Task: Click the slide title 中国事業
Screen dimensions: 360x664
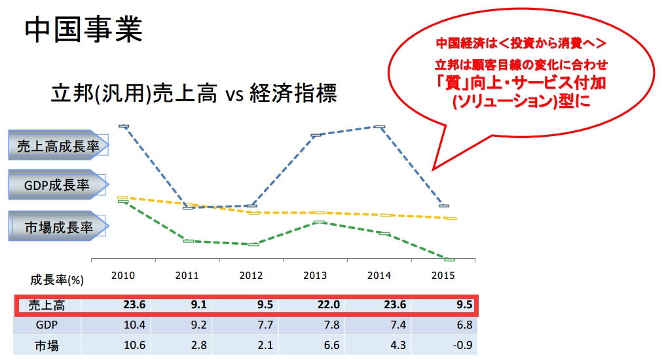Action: click(83, 31)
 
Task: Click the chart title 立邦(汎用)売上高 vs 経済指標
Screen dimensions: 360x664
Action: click(194, 94)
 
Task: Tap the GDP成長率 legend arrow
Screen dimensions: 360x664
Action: click(57, 185)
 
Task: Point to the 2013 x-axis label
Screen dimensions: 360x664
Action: click(316, 276)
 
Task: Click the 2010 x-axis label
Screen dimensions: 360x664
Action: click(123, 276)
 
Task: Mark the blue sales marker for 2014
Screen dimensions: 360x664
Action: click(379, 126)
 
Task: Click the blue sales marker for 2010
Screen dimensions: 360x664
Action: click(123, 126)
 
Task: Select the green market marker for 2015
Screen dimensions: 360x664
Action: click(449, 260)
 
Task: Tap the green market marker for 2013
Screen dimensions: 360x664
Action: click(318, 223)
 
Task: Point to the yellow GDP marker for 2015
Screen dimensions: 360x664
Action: click(449, 218)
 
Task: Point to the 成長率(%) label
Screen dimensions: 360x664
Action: click(56, 279)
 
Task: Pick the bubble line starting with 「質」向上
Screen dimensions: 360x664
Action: click(521, 83)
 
